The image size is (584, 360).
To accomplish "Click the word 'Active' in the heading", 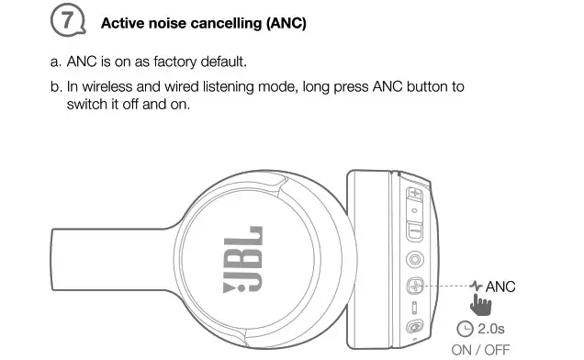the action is [x=123, y=23].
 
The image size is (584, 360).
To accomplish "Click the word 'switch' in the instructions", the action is [x=87, y=104].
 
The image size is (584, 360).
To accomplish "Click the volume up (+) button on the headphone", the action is [x=415, y=195].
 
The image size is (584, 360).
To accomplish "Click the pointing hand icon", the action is [x=475, y=304].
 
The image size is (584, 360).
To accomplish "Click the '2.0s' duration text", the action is [x=492, y=328].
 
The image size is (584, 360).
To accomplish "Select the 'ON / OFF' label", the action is [x=480, y=349].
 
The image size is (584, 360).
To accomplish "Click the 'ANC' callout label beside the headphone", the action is [x=500, y=287].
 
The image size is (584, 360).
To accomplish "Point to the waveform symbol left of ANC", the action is [x=476, y=287].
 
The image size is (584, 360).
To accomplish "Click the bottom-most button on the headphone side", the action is [x=416, y=327].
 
